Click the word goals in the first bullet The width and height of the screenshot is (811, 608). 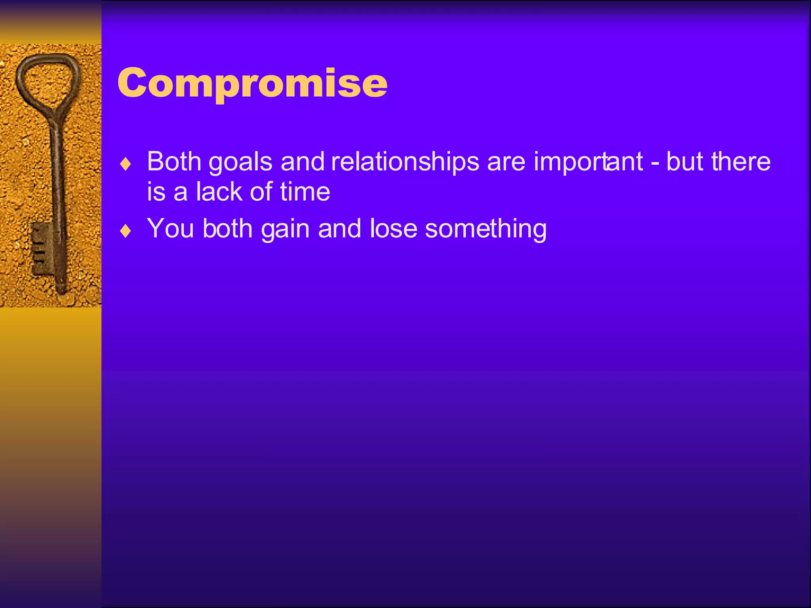240,162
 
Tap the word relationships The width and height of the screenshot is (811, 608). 405,162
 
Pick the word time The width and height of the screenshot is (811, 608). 305,192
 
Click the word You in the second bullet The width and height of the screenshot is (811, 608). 170,228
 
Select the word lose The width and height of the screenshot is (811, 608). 393,228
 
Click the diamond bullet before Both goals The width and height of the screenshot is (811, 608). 126,164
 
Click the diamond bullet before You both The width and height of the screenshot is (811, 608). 126,231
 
